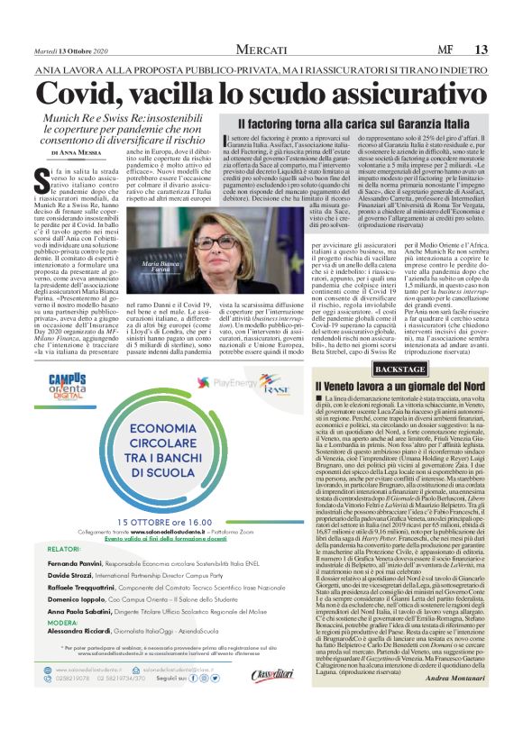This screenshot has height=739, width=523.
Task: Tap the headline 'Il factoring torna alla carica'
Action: pyautogui.click(x=353, y=123)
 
